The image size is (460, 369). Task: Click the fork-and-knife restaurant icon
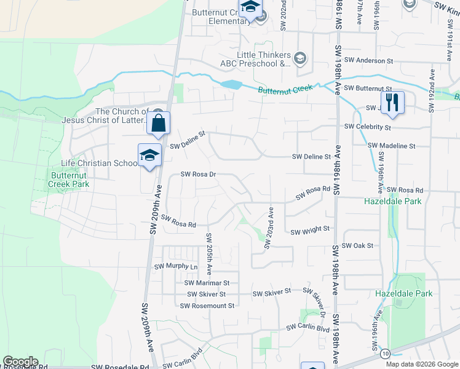click(x=392, y=102)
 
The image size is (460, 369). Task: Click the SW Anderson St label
click(x=368, y=60)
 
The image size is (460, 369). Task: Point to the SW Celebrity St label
click(x=368, y=127)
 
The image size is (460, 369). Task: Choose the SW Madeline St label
click(x=392, y=146)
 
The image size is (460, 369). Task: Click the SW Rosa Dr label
click(x=198, y=174)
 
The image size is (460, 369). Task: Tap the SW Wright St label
click(x=310, y=232)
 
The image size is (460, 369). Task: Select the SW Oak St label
click(x=358, y=245)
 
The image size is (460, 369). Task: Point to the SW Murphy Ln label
click(x=176, y=267)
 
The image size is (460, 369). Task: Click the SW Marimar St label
click(x=207, y=283)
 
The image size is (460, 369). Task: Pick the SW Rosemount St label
click(x=207, y=305)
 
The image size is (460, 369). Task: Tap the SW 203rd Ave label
click(x=268, y=228)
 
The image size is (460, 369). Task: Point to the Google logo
click(x=20, y=362)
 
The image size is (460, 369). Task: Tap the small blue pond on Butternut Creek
click(x=231, y=84)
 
